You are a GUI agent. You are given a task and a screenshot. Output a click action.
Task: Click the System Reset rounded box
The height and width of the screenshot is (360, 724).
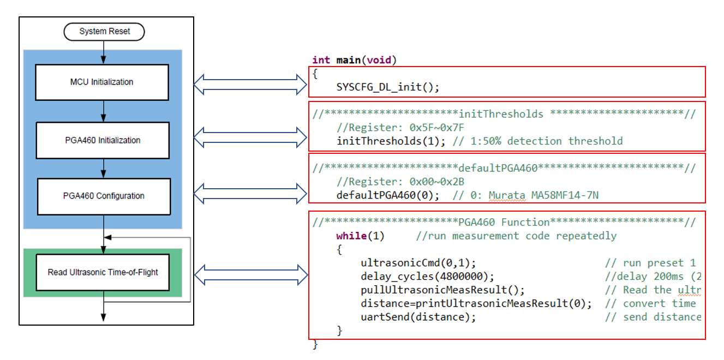[x=104, y=31]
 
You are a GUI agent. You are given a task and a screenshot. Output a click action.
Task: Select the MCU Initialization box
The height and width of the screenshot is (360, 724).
[x=102, y=82]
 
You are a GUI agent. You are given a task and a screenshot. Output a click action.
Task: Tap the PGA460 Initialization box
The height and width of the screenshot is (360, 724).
[x=103, y=140]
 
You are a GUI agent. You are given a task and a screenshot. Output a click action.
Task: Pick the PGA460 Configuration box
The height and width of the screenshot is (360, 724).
[x=104, y=196]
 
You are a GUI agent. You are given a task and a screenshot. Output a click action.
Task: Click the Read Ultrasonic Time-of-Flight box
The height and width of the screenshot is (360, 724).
[x=103, y=272]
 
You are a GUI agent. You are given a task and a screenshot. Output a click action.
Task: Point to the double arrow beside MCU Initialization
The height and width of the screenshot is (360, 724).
[x=250, y=85]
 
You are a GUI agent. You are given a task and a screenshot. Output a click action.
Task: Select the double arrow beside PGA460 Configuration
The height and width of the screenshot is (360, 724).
[x=250, y=194]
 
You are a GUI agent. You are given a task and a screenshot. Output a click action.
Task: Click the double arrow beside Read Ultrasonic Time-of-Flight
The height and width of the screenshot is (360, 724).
[x=251, y=275]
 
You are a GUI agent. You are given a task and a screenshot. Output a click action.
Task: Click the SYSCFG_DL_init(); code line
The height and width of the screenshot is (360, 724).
[x=387, y=87]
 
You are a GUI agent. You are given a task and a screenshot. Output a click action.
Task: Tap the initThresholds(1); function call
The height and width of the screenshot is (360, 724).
[x=391, y=141]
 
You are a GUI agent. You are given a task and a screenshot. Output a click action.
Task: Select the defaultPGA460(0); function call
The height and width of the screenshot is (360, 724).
[x=388, y=195]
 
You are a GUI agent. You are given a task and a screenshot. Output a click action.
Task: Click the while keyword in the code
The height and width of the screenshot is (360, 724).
[x=351, y=236]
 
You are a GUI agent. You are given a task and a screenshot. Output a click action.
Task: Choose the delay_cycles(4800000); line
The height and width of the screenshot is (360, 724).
[x=427, y=277]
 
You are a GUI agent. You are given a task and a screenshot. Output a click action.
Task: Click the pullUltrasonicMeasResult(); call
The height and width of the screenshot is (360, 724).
[x=442, y=290]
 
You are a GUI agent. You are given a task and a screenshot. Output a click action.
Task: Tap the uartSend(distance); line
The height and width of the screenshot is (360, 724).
[x=418, y=317]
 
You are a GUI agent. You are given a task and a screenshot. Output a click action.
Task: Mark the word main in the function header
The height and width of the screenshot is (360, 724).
[x=349, y=60]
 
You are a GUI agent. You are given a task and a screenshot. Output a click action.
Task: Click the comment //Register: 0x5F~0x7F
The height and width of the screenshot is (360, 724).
[x=400, y=128]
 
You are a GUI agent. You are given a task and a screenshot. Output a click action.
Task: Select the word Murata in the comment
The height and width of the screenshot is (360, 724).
[x=507, y=195]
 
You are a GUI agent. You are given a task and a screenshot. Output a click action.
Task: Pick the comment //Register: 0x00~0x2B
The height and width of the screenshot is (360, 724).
[x=400, y=182]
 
